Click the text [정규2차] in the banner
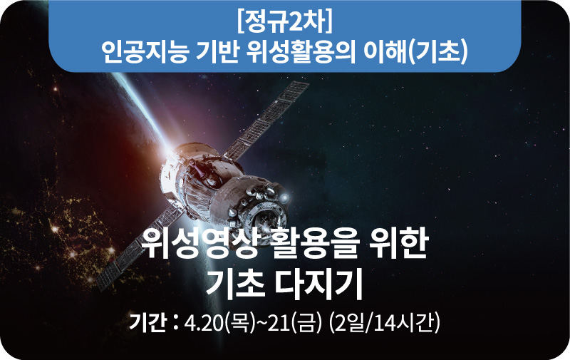(x=284, y=23)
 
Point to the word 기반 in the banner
(x=217, y=51)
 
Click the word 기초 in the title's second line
(x=235, y=284)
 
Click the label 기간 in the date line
(x=147, y=322)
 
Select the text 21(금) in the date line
(x=295, y=323)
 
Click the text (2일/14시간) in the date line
(x=384, y=323)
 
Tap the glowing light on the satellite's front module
(x=284, y=197)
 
